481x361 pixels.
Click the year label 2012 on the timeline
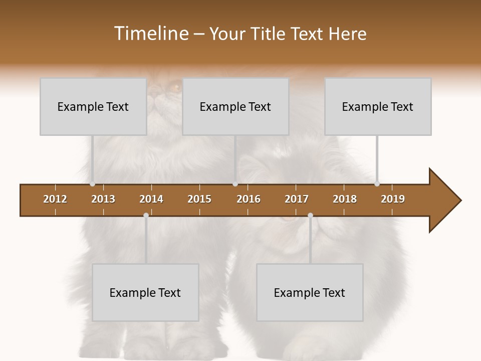coord(55,199)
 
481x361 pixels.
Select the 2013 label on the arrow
coord(103,199)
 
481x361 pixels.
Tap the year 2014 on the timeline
coord(151,199)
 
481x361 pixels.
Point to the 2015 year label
coord(199,199)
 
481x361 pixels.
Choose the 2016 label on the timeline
coord(249,199)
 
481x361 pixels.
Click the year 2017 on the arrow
coord(297,199)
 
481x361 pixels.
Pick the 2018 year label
coord(345,199)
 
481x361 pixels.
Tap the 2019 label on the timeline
coord(393,199)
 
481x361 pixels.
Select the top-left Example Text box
coord(93,106)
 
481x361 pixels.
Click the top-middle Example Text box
coord(235,106)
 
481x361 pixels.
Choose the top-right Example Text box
coord(378,106)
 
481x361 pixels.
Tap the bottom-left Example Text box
coord(145,292)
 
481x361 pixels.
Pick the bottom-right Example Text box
coord(310,292)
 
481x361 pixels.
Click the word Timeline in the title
coord(150,34)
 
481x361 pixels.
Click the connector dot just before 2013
coord(93,184)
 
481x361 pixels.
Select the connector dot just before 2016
coord(235,184)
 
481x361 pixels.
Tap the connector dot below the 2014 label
coord(146,216)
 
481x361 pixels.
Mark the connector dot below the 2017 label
coord(310,216)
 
